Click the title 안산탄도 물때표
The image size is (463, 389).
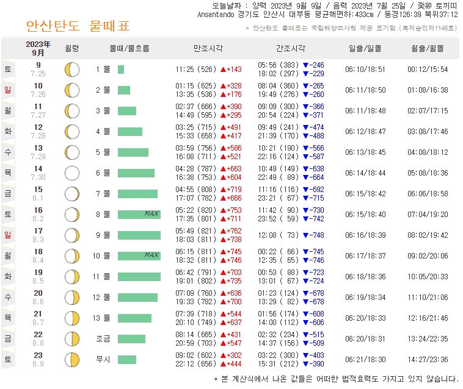78,26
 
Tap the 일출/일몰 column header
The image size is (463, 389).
365,48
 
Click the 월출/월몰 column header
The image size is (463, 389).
428,48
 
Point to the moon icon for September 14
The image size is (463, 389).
72,173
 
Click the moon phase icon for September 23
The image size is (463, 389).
72,359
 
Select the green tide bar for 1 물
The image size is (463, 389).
121,70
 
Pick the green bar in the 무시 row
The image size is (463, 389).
127,359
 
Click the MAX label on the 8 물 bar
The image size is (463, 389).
151,213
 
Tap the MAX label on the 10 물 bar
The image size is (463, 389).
151,255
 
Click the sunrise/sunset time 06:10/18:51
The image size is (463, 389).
365,70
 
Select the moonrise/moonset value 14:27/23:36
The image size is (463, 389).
428,359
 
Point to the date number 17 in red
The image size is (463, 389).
38,231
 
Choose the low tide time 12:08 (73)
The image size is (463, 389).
279,235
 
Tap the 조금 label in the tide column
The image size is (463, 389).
103,338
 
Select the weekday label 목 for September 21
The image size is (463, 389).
8,318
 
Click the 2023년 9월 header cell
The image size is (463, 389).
38,48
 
